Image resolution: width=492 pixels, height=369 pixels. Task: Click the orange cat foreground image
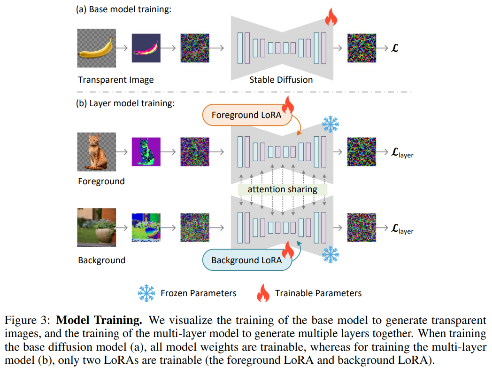click(96, 151)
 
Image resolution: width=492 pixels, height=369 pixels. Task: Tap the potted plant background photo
click(96, 228)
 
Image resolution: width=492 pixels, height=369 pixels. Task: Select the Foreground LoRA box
click(247, 115)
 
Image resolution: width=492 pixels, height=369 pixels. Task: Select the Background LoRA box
click(246, 260)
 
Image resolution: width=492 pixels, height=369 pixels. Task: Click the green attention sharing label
click(282, 189)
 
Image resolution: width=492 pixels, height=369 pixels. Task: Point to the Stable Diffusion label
click(281, 79)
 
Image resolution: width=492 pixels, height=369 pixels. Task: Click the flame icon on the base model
click(331, 18)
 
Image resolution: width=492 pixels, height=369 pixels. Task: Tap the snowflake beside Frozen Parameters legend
click(146, 293)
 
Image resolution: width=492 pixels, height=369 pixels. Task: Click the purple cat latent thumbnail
click(146, 151)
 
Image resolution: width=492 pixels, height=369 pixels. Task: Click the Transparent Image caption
click(115, 79)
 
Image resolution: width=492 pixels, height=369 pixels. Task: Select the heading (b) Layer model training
click(125, 103)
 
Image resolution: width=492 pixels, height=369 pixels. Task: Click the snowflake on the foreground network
click(330, 125)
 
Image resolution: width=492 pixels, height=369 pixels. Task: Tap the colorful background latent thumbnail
click(146, 228)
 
